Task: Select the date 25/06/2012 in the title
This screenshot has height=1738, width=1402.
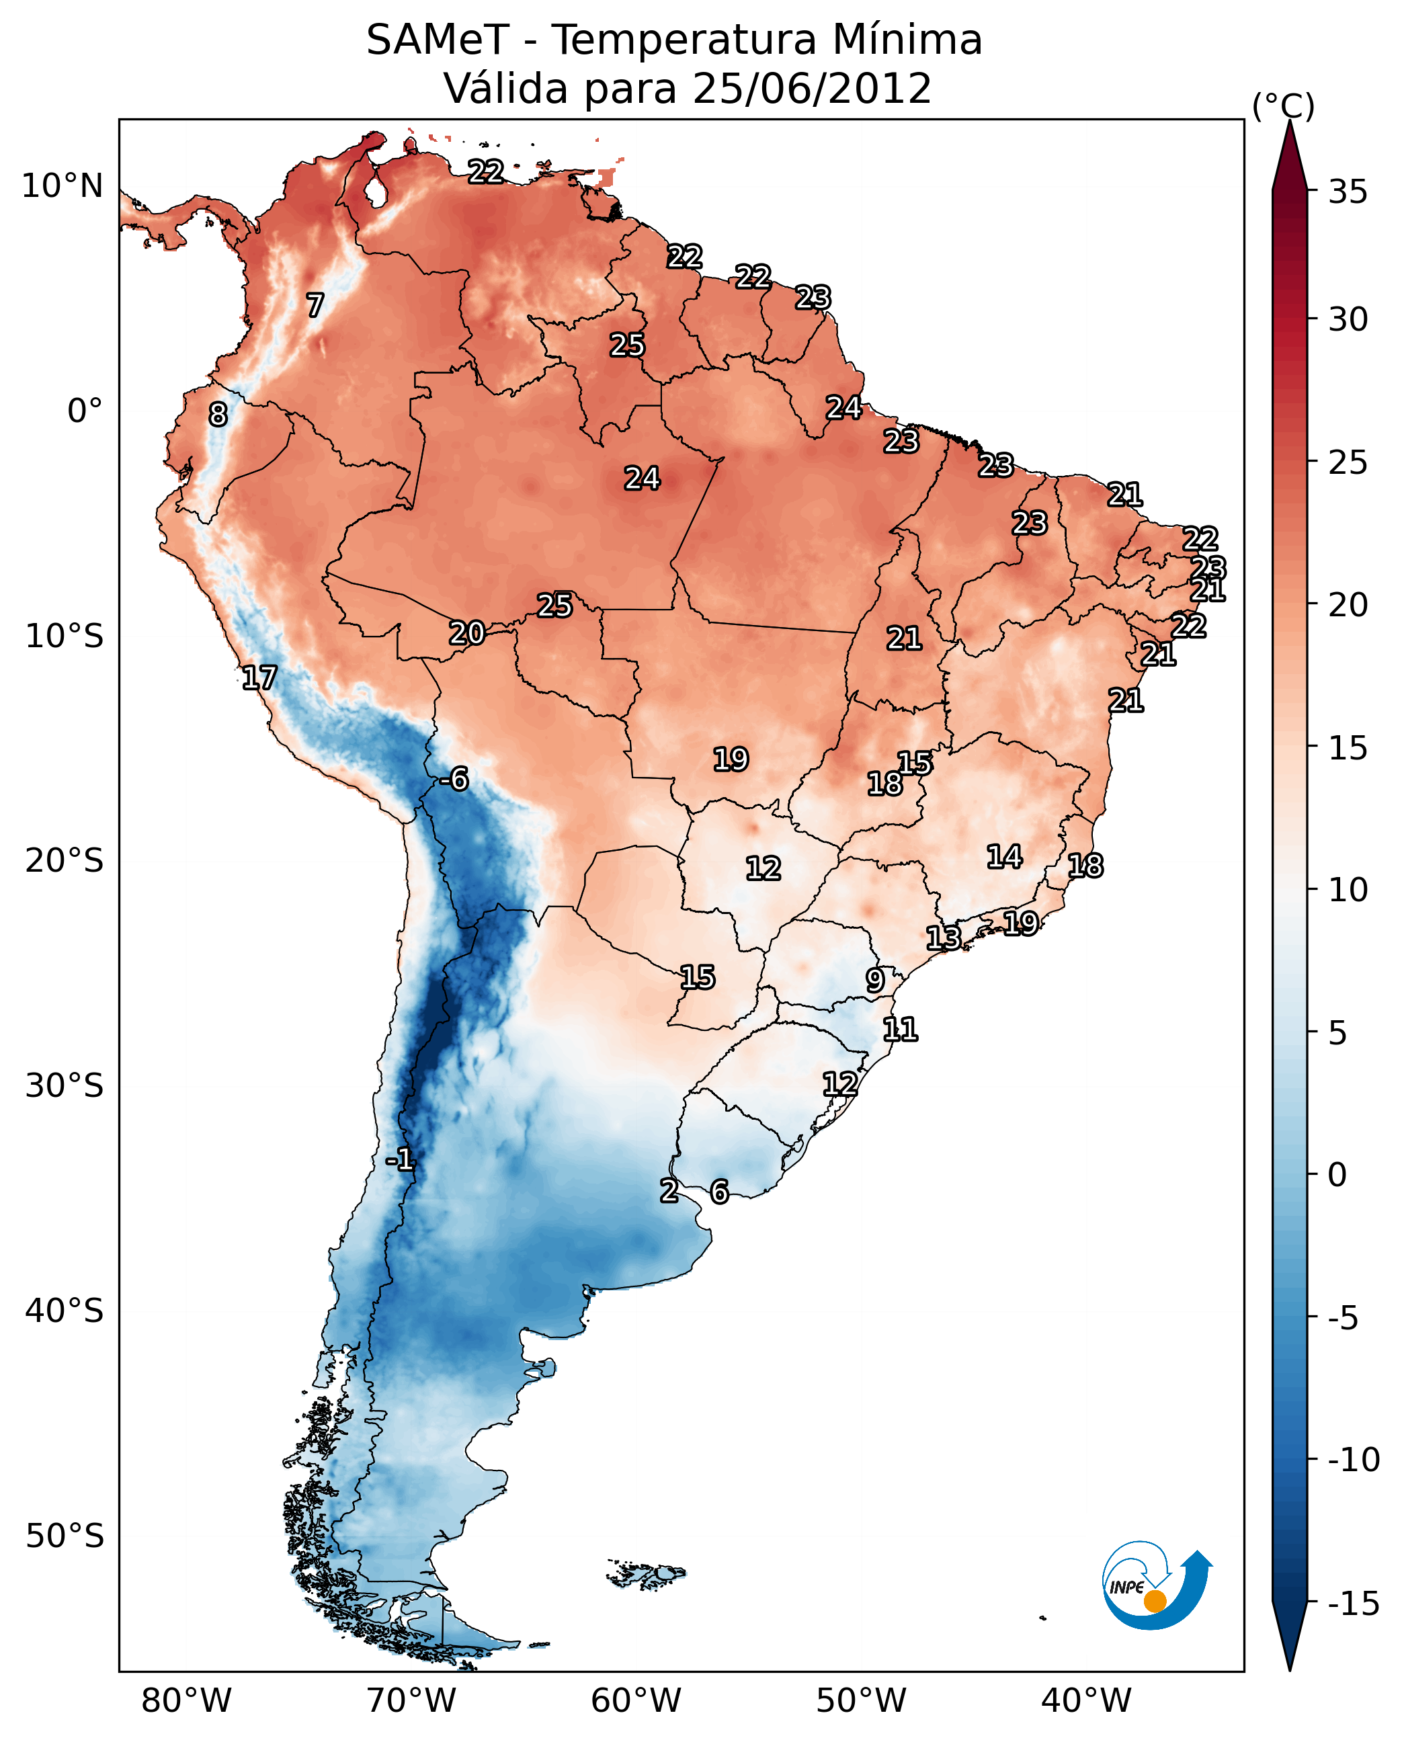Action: [x=812, y=88]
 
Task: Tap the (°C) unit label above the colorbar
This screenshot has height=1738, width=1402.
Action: [x=1283, y=106]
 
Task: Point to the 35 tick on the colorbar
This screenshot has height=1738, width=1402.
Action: [x=1348, y=192]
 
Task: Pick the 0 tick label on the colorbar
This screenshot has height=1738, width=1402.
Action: [x=1337, y=1175]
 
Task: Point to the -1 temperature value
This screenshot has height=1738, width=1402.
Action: [x=400, y=1160]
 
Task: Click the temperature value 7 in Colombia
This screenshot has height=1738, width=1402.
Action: [x=315, y=305]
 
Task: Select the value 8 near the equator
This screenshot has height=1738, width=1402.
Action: [x=218, y=414]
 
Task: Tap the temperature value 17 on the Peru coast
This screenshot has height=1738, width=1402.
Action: [x=259, y=677]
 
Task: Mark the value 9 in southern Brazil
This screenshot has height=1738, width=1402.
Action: [x=874, y=980]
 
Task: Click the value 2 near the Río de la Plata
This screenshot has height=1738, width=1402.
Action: [x=669, y=1190]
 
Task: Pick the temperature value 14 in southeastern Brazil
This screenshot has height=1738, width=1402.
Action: [x=1004, y=856]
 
